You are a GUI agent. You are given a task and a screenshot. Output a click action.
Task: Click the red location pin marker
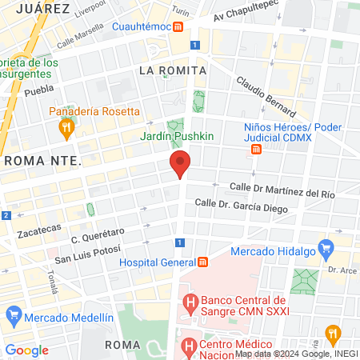tap(180, 166)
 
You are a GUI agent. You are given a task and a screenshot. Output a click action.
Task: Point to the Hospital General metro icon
tap(203, 262)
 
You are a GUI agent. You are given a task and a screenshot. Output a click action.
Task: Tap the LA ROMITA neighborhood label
tap(173, 70)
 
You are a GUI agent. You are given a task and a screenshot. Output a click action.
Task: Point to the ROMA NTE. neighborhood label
tap(43, 161)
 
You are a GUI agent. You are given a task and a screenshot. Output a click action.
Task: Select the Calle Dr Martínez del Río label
tap(282, 189)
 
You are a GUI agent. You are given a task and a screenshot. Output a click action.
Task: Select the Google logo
tap(27, 350)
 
